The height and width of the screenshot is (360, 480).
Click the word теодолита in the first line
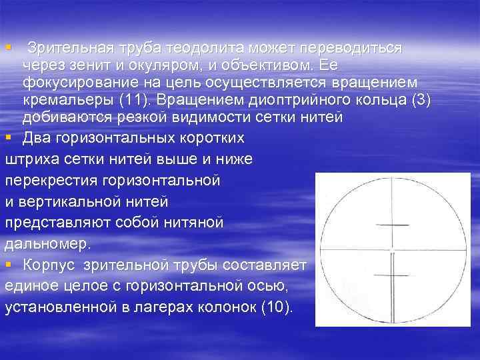coord(204,49)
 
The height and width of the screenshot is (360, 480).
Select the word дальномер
coord(45,243)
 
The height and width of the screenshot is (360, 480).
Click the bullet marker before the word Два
coord(8,139)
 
